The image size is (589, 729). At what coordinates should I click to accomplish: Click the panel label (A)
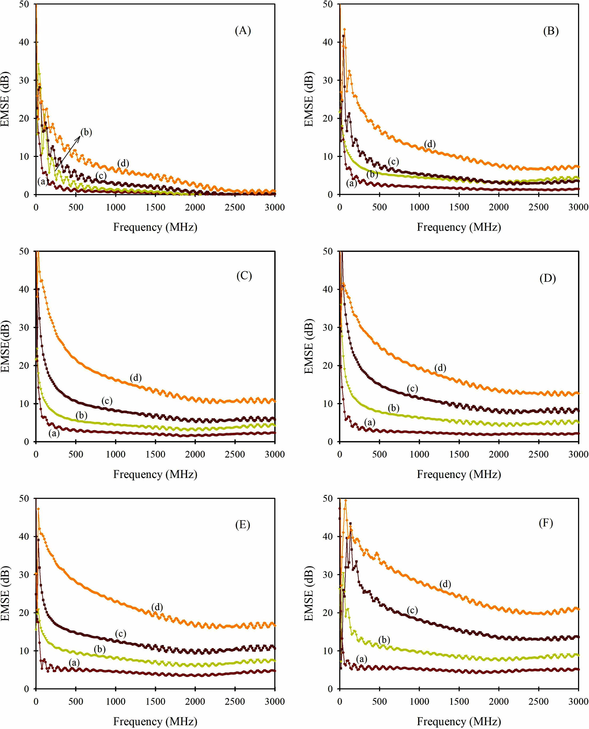[x=243, y=31]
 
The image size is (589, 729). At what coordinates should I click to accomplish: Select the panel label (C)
[x=244, y=276]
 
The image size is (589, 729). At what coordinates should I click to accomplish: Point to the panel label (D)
[x=547, y=278]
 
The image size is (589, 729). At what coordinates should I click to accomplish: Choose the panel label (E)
[x=243, y=524]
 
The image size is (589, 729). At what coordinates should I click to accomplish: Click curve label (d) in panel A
[x=123, y=163]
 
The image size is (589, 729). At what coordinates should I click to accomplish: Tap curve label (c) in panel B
[x=393, y=162]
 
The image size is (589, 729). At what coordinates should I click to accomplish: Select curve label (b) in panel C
[x=81, y=415]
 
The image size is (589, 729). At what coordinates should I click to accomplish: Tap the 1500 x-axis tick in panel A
[x=155, y=207]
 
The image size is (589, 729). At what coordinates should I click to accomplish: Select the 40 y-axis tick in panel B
[x=327, y=42]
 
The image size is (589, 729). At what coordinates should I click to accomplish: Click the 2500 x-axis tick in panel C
[x=235, y=454]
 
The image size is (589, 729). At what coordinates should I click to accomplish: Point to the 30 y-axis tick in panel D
[x=327, y=328]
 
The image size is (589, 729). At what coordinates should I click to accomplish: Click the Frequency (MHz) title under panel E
[x=155, y=721]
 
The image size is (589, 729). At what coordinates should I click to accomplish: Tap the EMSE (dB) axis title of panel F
[x=309, y=593]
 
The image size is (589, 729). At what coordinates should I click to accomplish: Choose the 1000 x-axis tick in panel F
[x=419, y=701]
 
